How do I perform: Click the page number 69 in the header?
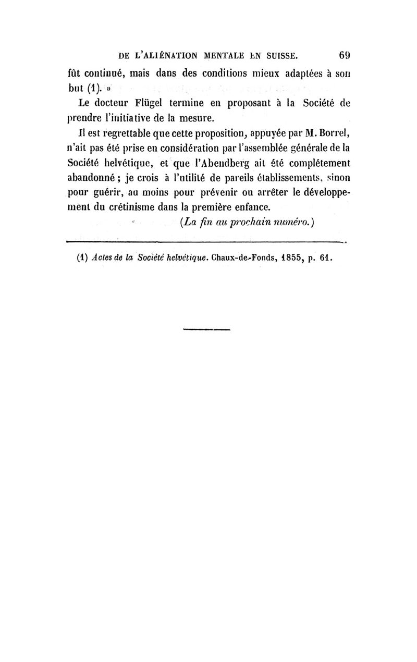point(344,55)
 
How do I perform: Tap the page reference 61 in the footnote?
point(326,258)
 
